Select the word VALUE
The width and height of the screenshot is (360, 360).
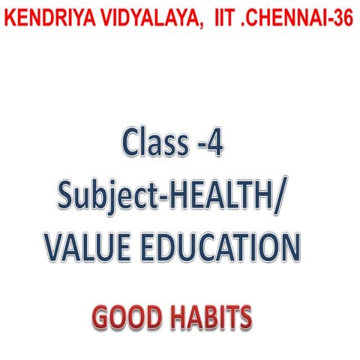click(88, 248)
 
